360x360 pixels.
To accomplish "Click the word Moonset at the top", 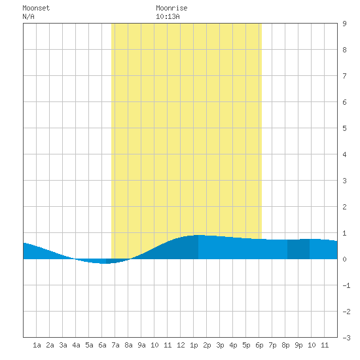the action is [36, 8].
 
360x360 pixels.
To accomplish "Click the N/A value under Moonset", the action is [28, 16].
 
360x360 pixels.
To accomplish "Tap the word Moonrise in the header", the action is [171, 8].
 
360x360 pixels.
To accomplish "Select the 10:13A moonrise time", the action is [168, 16].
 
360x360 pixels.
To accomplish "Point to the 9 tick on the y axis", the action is [344, 24].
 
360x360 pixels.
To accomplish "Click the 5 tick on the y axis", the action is [344, 128].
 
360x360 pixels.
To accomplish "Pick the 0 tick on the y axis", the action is [344, 259].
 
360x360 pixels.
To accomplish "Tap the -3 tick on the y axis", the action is [346, 338].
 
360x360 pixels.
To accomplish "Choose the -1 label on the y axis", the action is [346, 285].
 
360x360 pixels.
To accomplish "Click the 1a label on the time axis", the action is [37, 345].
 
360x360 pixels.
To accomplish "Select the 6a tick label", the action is [102, 345].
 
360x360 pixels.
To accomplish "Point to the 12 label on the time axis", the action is [181, 345].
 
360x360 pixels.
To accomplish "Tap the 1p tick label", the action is [194, 345].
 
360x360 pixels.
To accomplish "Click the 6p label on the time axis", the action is [259, 345].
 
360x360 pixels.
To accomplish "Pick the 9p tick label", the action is [298, 345].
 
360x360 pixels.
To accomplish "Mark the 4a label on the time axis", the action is [76, 345].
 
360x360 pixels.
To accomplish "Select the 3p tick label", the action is [220, 345].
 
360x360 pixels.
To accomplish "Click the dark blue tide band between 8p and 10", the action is [298, 249].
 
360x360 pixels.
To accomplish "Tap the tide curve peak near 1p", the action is [198, 235].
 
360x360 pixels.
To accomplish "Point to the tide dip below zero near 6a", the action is [105, 263].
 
